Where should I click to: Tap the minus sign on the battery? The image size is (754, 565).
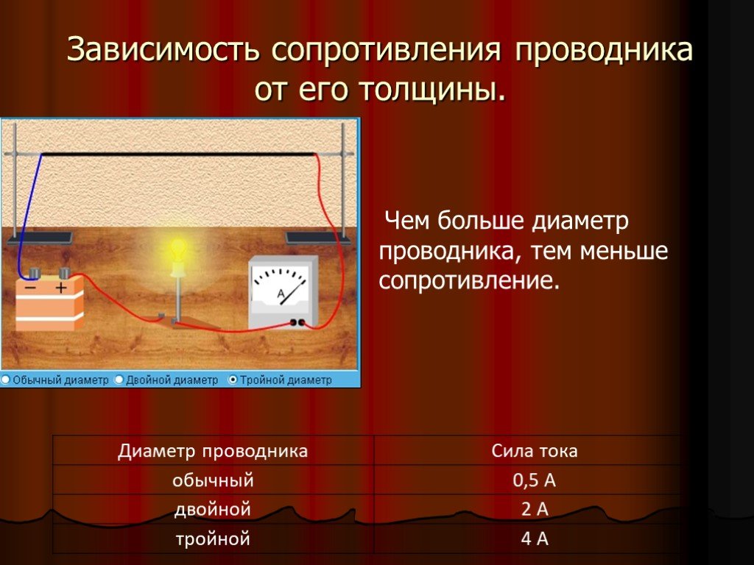pyautogui.click(x=30, y=288)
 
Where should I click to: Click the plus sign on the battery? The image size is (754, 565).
pyautogui.click(x=61, y=288)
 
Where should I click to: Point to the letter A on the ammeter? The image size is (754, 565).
pyautogui.click(x=281, y=294)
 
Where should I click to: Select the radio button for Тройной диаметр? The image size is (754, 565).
pyautogui.click(x=233, y=380)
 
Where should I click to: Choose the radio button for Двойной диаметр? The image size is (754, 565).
pyautogui.click(x=119, y=380)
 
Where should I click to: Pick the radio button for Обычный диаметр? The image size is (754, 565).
pyautogui.click(x=5, y=380)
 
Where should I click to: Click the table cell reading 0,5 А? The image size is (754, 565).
pyautogui.click(x=535, y=480)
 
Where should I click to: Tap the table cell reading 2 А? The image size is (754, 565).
pyautogui.click(x=535, y=509)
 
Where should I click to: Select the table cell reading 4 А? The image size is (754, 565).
pyautogui.click(x=535, y=539)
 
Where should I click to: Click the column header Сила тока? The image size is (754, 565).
pyautogui.click(x=535, y=451)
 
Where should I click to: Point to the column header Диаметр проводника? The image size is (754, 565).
pyautogui.click(x=213, y=451)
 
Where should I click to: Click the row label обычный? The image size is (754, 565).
pyautogui.click(x=213, y=480)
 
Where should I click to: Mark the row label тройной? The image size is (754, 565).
pyautogui.click(x=213, y=539)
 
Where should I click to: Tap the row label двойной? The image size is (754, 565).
pyautogui.click(x=213, y=509)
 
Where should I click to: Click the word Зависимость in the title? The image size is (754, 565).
pyautogui.click(x=163, y=49)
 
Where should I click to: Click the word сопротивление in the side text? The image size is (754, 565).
pyautogui.click(x=469, y=280)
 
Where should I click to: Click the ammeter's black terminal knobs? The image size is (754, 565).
pyautogui.click(x=297, y=322)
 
